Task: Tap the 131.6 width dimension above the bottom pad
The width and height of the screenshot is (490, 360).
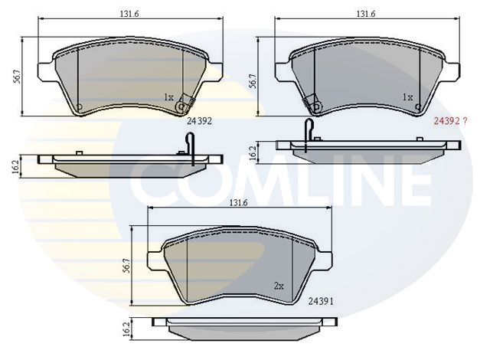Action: (x=239, y=202)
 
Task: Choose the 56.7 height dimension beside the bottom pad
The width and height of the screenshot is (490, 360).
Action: (x=125, y=265)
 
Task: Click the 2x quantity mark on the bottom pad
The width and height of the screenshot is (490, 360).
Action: (x=279, y=286)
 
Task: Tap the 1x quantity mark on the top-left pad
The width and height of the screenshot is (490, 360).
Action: (x=169, y=97)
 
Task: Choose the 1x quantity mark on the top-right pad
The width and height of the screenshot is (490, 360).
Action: (x=409, y=97)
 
